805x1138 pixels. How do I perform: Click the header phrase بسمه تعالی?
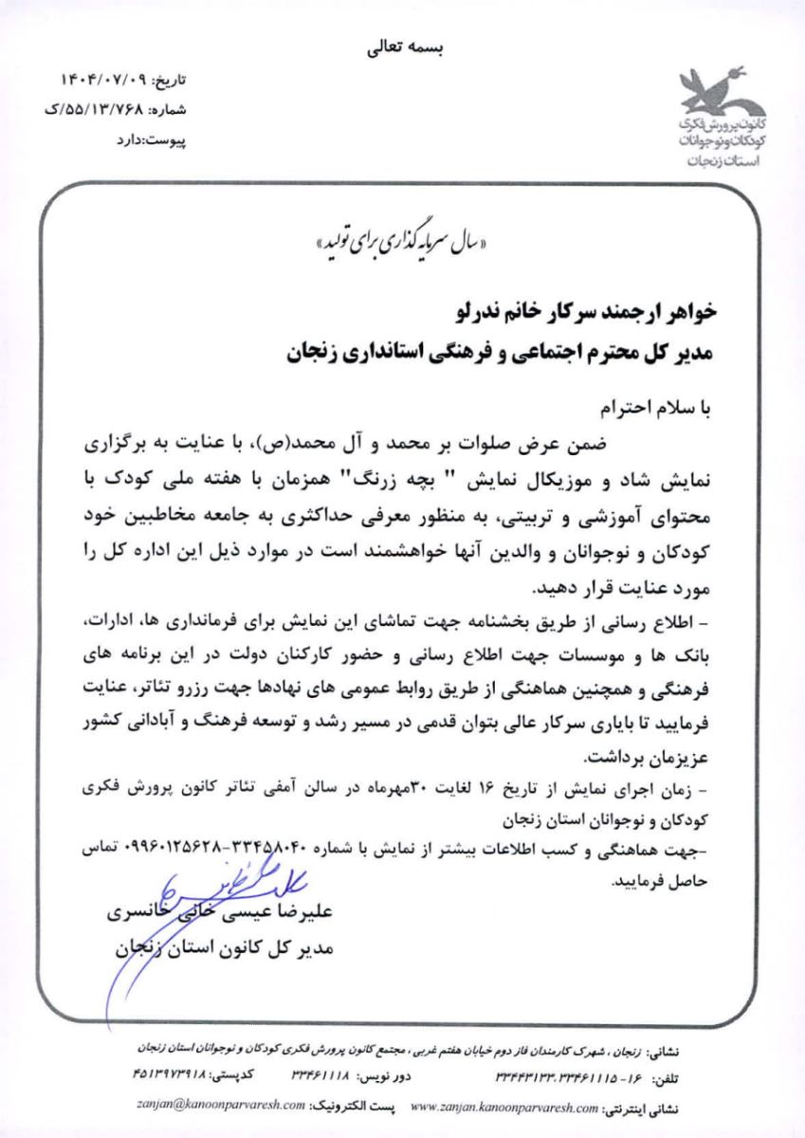[402, 50]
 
